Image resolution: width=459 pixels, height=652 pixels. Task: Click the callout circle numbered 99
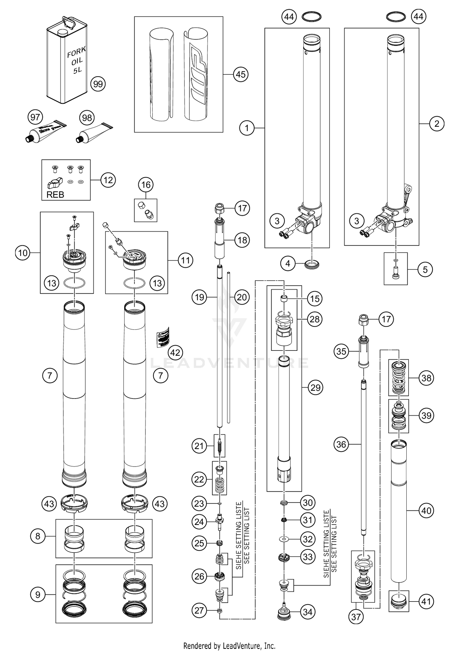coord(98,84)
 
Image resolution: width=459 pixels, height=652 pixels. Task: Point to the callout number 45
coord(241,74)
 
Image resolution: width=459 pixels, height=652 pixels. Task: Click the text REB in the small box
coord(55,195)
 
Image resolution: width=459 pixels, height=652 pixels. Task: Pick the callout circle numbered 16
coord(146,185)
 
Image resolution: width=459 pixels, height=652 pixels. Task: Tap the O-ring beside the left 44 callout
coord(312,17)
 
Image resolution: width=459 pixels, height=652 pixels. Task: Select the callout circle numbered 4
coord(288,263)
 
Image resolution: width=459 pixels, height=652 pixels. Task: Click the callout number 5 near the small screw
coord(425,269)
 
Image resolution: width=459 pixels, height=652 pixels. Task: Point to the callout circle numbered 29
coord(315,388)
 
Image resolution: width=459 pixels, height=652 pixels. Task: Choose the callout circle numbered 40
coord(426,510)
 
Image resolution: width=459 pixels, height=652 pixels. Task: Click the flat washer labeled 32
coord(284,538)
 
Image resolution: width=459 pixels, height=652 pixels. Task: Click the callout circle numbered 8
coord(38,536)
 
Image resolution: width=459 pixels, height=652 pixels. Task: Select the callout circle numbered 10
coord(23,253)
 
